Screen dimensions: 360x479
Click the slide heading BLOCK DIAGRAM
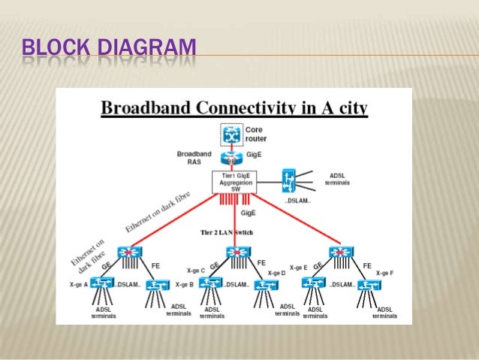coord(109,52)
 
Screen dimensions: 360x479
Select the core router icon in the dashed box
coord(233,135)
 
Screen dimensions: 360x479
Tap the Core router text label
coord(256,135)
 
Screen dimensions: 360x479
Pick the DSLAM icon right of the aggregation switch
coord(290,181)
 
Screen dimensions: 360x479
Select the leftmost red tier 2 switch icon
coord(136,253)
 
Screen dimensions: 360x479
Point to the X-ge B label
coord(184,285)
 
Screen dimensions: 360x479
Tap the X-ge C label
coord(196,270)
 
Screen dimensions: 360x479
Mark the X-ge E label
coord(298,268)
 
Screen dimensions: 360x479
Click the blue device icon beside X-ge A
coord(102,283)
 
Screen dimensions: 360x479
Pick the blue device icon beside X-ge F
coord(369,285)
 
